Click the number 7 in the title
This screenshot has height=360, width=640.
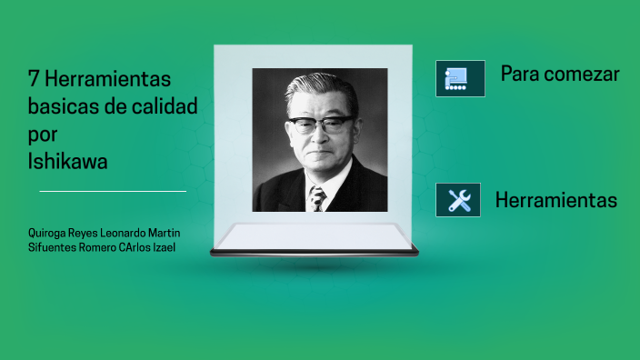pos(34,79)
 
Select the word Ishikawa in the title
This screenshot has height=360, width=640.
pos(68,163)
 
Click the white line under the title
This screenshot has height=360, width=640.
pos(113,191)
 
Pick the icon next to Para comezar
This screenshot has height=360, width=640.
pos(459,78)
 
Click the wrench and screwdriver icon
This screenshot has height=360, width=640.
pos(459,200)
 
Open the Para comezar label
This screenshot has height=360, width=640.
pos(560,75)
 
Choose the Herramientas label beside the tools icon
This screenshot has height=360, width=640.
pos(556,201)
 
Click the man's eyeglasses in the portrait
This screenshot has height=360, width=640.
pos(319,124)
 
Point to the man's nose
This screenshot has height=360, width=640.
pos(319,138)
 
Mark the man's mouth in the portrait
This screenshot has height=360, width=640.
pos(319,155)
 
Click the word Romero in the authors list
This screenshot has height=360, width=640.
pos(98,247)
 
